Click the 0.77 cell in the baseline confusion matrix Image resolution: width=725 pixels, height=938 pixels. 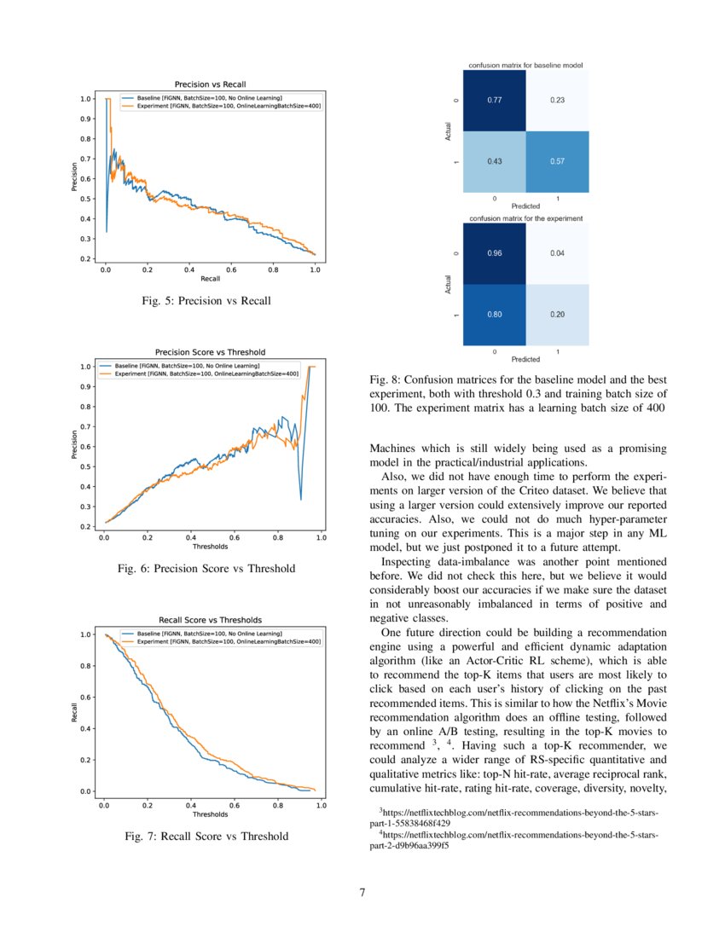[x=495, y=101]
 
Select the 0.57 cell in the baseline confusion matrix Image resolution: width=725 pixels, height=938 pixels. [x=557, y=162]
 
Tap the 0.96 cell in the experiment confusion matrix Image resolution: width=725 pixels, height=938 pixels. [x=495, y=253]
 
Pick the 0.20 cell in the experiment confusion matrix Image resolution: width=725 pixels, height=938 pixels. [x=557, y=315]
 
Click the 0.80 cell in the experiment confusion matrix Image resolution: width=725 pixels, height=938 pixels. [x=495, y=315]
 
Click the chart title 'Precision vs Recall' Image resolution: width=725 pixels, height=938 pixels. [x=210, y=84]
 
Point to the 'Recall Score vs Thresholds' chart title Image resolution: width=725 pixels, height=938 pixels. [x=210, y=620]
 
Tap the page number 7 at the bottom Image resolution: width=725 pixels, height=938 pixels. [x=362, y=893]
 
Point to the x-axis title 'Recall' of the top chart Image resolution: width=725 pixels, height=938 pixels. [x=210, y=279]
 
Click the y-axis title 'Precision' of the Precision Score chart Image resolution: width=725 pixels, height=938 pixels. [x=75, y=445]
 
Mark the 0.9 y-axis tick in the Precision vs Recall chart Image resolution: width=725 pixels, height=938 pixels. [x=87, y=119]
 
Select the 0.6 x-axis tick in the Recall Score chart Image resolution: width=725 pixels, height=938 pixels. [x=235, y=804]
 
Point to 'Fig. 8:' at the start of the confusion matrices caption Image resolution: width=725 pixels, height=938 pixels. [x=385, y=379]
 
